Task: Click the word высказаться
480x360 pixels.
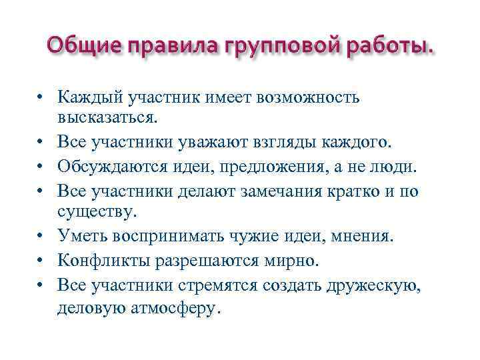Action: point(109,119)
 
